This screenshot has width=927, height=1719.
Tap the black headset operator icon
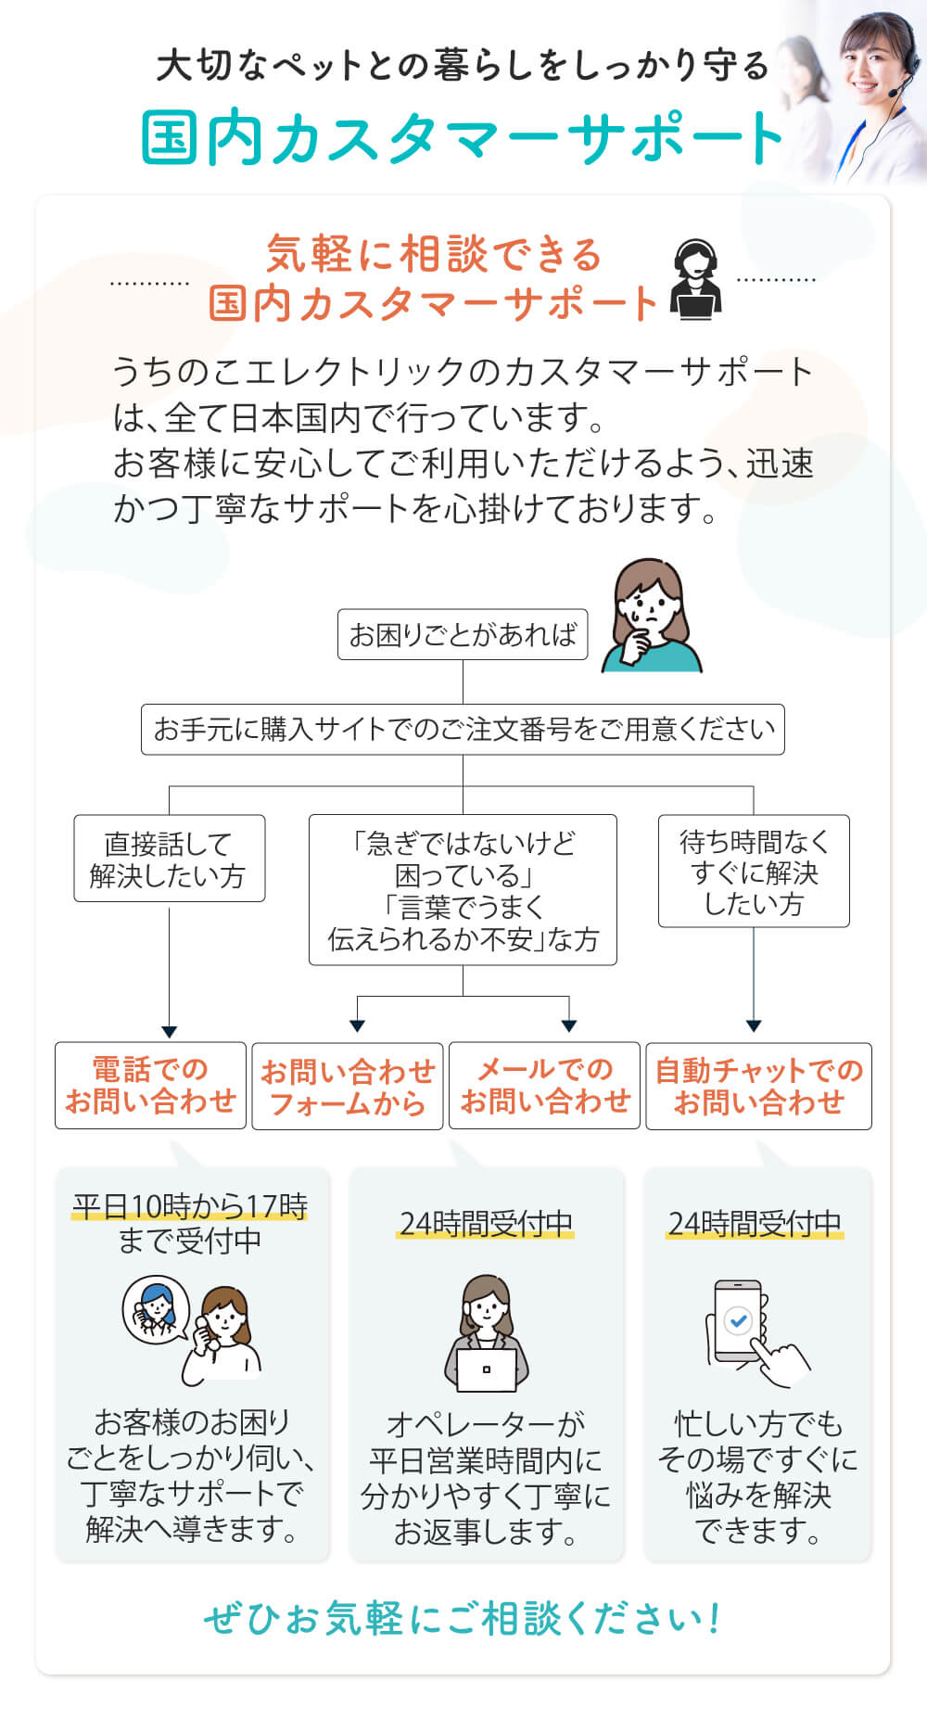[x=695, y=279]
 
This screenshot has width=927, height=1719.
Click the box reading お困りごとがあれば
[x=463, y=634]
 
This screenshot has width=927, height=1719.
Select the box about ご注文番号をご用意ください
[x=463, y=729]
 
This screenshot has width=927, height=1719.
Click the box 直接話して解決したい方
[x=170, y=859]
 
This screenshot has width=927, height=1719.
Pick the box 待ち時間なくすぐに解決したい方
[x=754, y=871]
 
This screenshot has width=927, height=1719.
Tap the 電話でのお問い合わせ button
[x=150, y=1085]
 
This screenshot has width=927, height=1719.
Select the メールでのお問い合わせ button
[x=545, y=1085]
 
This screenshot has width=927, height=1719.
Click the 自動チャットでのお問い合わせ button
[x=759, y=1086]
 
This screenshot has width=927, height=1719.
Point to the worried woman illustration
[x=652, y=615]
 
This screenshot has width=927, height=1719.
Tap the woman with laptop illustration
[x=487, y=1333]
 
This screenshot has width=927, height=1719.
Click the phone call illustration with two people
[x=193, y=1330]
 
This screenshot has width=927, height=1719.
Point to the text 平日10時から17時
[x=190, y=1206]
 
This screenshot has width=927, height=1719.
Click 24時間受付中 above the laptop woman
[x=487, y=1224]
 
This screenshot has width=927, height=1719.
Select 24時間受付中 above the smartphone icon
[x=756, y=1224]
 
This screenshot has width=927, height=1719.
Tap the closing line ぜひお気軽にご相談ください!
[x=463, y=1619]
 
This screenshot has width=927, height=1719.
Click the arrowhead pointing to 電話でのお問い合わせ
[x=169, y=1032]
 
